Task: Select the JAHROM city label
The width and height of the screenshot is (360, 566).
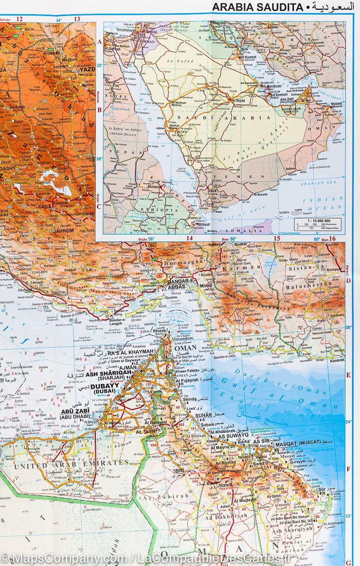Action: pyautogui.click(x=64, y=231)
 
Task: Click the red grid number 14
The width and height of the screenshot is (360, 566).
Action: pyautogui.click(x=189, y=239)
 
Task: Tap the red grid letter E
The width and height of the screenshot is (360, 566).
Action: pyautogui.click(x=348, y=375)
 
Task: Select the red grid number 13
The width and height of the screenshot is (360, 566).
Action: pyautogui.click(x=77, y=19)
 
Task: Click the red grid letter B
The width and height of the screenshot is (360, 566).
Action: pyautogui.click(x=100, y=110)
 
